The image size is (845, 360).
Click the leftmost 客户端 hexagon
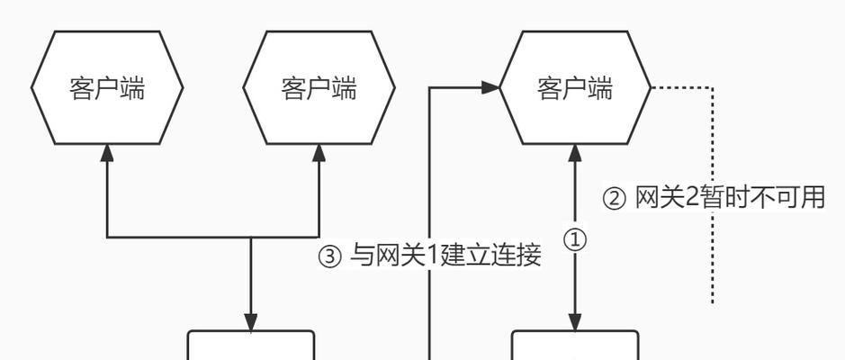click(x=107, y=88)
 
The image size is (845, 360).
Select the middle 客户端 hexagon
click(x=319, y=88)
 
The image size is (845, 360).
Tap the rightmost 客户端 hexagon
click(x=575, y=88)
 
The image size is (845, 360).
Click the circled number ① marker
click(x=575, y=240)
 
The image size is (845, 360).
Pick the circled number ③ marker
click(x=330, y=257)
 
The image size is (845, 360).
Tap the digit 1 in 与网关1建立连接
click(x=430, y=256)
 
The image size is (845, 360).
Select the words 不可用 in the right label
click(x=792, y=198)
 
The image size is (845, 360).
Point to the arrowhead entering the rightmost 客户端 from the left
click(x=490, y=87)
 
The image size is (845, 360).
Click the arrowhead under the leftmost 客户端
click(x=107, y=152)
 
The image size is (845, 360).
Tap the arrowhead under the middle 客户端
click(x=319, y=152)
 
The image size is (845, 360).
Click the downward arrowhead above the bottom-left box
click(x=251, y=322)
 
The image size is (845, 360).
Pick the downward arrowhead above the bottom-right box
click(x=575, y=322)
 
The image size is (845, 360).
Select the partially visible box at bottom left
click(x=251, y=346)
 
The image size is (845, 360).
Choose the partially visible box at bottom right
click(x=575, y=346)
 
